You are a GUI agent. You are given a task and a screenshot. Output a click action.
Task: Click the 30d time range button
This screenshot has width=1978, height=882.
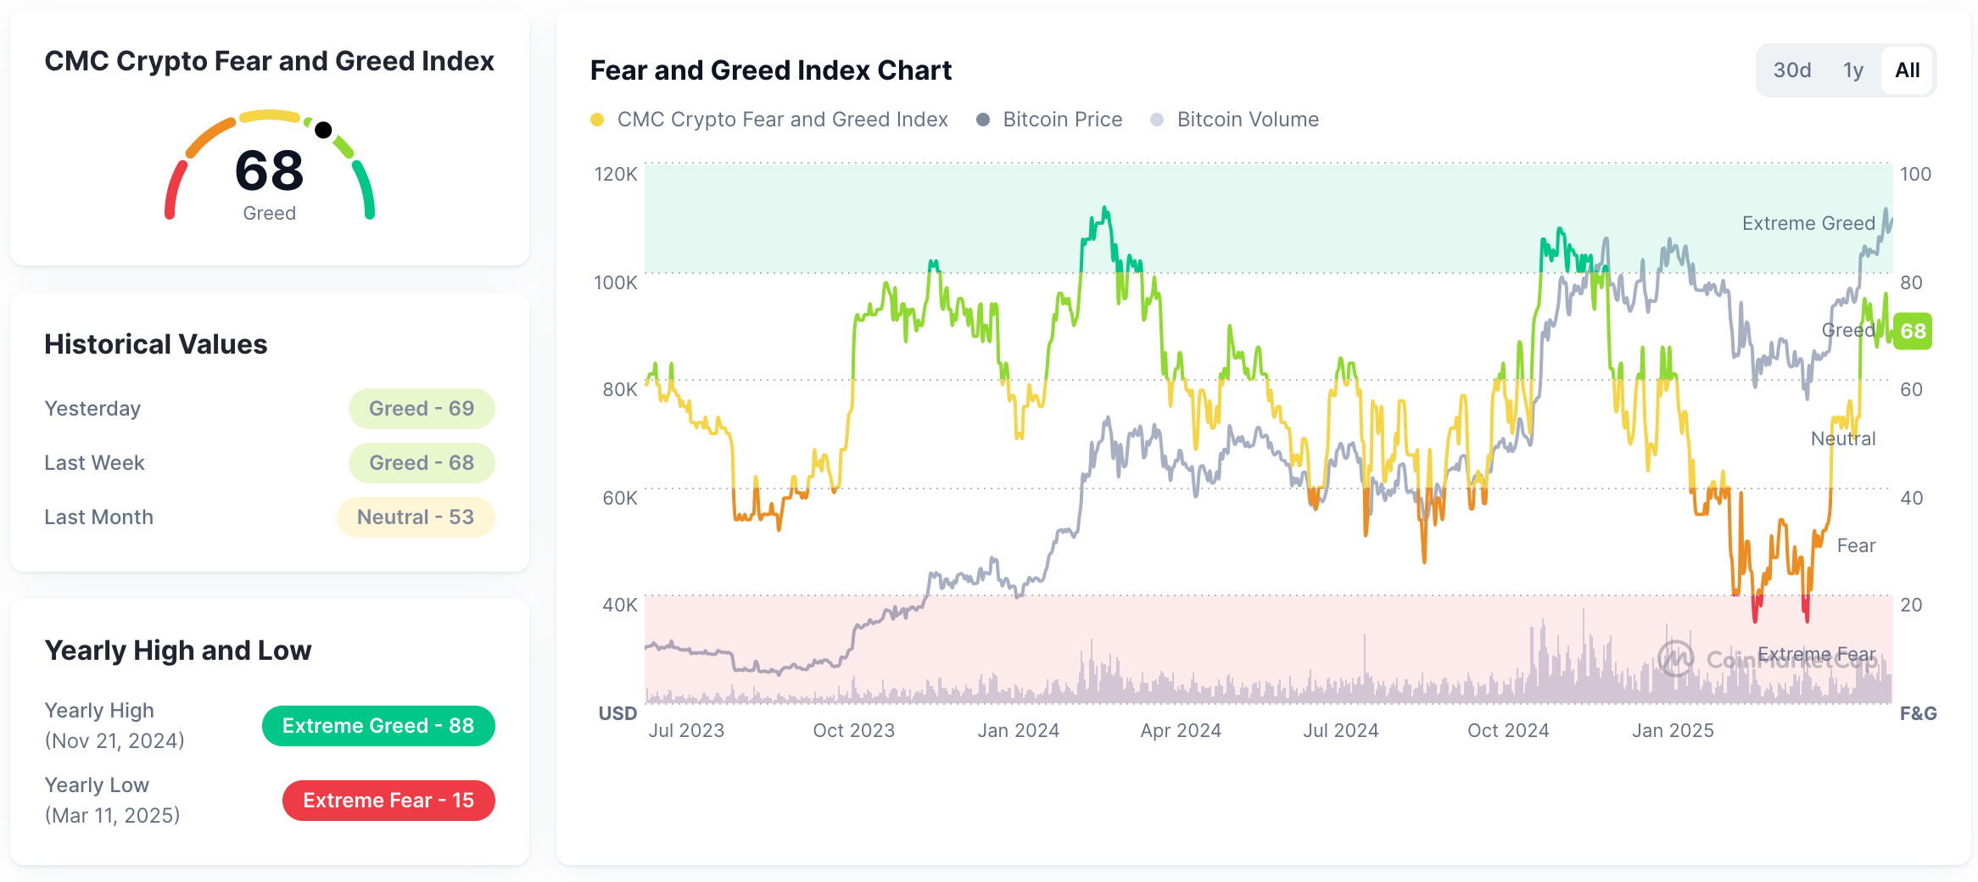point(1791,70)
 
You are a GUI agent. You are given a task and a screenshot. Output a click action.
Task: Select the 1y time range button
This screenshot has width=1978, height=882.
point(1852,70)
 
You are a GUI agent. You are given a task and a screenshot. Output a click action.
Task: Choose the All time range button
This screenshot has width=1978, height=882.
point(1907,70)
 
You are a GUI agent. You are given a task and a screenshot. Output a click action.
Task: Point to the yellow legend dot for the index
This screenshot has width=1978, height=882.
point(597,120)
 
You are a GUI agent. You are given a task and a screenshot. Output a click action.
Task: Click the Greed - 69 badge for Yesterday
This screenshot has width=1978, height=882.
point(422,409)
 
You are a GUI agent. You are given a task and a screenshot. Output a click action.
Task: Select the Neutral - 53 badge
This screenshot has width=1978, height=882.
point(416,517)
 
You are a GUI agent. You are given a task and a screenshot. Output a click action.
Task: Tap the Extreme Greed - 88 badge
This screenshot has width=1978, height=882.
point(378,726)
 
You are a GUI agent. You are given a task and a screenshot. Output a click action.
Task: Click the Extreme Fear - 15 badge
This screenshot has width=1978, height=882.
point(388,801)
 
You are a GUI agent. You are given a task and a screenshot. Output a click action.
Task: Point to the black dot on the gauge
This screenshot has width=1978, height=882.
point(323,130)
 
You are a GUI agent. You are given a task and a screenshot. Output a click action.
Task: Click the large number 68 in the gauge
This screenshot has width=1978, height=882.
point(269,170)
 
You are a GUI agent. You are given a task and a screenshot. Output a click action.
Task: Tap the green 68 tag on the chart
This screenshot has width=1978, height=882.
point(1913,331)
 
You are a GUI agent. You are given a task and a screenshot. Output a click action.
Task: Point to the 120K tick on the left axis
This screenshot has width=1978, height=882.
point(615,174)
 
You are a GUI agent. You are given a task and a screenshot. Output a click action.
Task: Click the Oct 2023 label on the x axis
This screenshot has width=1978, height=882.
point(853,730)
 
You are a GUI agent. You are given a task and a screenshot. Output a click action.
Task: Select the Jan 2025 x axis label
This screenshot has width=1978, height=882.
point(1673,730)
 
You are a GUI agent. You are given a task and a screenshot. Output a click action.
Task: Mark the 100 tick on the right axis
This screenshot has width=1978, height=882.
point(1914,174)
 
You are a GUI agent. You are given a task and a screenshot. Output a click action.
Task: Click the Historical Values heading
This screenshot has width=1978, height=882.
point(156,344)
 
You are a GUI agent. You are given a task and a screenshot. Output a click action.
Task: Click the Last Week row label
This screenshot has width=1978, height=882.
point(94,463)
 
